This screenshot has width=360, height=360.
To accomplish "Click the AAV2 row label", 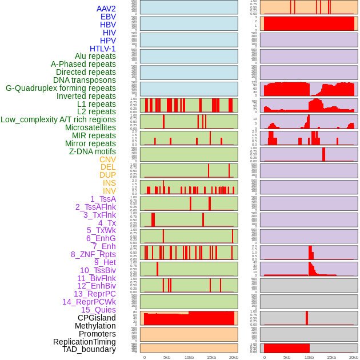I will pyautogui.click(x=106, y=9).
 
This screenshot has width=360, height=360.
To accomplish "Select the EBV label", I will pyautogui.click(x=108, y=17).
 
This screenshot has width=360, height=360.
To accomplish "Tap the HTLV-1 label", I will pyautogui.click(x=102, y=49).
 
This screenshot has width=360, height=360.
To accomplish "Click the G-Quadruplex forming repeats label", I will pyautogui.click(x=61, y=88).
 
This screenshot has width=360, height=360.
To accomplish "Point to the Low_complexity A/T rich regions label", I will pyautogui.click(x=58, y=119).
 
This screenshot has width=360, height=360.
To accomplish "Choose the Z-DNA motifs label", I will pyautogui.click(x=93, y=151).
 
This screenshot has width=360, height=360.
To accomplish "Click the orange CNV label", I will pyautogui.click(x=107, y=159).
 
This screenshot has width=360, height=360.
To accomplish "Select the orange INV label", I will pyautogui.click(x=109, y=191).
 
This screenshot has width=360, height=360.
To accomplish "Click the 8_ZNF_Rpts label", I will pyautogui.click(x=93, y=254).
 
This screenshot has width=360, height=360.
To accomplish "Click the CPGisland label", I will pyautogui.click(x=97, y=318).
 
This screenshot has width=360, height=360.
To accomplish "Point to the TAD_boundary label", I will pyautogui.click(x=89, y=349).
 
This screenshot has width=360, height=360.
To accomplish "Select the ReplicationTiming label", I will pyautogui.click(x=85, y=342).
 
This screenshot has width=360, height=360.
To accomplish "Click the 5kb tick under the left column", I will pyautogui.click(x=167, y=357).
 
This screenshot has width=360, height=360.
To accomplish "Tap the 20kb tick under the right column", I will pyautogui.click(x=354, y=357).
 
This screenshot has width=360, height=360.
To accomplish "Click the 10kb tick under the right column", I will pyautogui.click(x=309, y=357).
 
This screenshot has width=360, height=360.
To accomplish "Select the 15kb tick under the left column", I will pyautogui.click(x=211, y=357).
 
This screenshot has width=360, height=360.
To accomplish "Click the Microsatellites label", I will pyautogui.click(x=90, y=127).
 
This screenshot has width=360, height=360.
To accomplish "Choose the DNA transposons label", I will pyautogui.click(x=85, y=80).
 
